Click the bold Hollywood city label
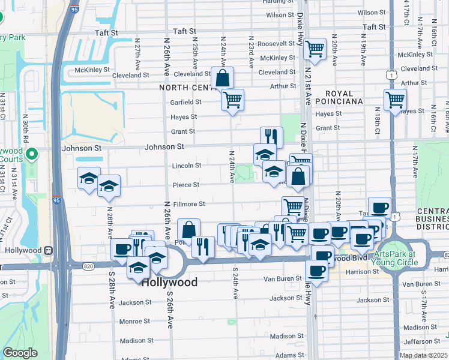(169, 282)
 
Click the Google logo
(20, 353)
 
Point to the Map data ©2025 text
(423, 355)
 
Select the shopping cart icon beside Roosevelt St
(315, 49)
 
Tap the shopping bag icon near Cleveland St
(222, 77)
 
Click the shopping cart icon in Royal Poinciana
(395, 100)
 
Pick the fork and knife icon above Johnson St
(271, 137)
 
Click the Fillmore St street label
(190, 204)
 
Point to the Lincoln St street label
(186, 166)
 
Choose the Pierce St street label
(185, 185)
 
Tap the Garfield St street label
(185, 102)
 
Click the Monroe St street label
(134, 322)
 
